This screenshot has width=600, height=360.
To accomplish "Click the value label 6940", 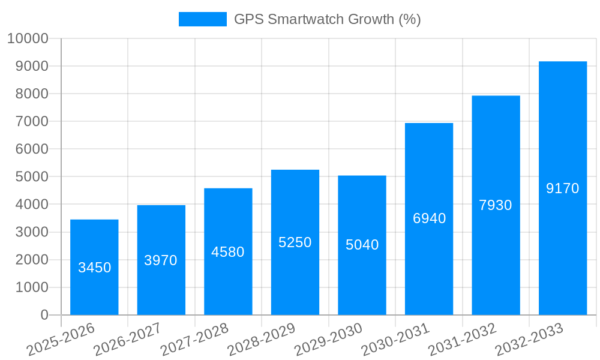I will [429, 218].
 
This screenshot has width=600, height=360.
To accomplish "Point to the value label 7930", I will [496, 205].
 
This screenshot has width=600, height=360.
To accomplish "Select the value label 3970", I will [161, 260].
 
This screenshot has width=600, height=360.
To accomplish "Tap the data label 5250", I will [295, 242].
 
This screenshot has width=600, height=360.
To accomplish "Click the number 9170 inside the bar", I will [562, 188].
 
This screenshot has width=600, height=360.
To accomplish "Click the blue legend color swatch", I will [202, 19].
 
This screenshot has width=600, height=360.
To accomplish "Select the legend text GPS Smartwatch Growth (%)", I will [327, 19].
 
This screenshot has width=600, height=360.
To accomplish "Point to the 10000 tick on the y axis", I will [28, 38].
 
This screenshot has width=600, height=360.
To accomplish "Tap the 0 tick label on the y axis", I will [44, 315].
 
